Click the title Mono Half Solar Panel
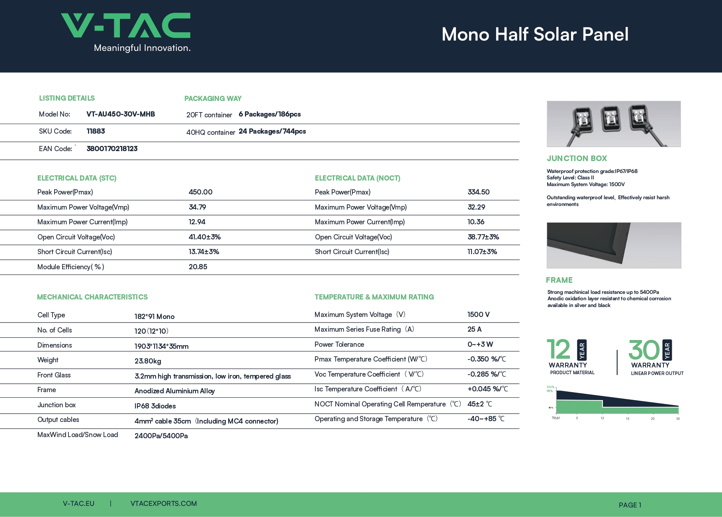point(535,34)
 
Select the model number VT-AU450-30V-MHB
point(121,114)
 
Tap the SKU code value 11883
point(96,131)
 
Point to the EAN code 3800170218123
point(112,149)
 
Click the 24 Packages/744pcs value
point(272,131)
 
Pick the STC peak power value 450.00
point(201,192)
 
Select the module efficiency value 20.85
point(198,267)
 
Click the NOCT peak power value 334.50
point(479,192)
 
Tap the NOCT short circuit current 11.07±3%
point(482,252)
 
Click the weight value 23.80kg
point(148,361)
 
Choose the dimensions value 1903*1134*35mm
point(162,346)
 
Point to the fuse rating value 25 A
point(475,329)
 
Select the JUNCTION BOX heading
point(577,158)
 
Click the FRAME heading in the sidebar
point(559,280)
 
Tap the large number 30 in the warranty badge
point(644,350)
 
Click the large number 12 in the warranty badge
point(559,350)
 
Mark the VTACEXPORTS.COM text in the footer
point(164,503)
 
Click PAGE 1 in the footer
point(630,505)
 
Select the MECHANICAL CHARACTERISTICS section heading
point(92,297)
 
